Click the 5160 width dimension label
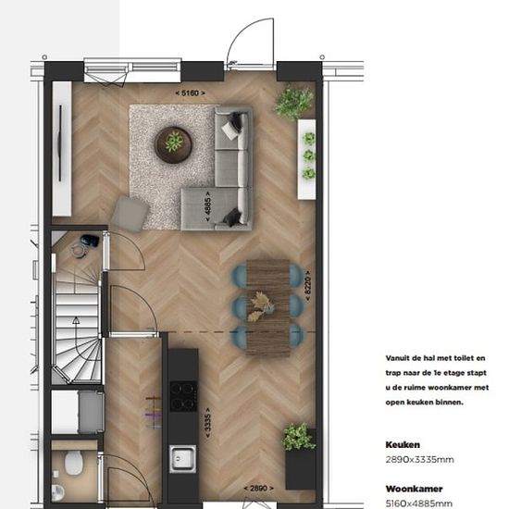pos(191,93)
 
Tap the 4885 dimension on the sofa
pos(207,206)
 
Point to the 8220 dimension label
pos(308,286)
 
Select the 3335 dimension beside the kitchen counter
pos(207,423)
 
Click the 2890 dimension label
pos(259,489)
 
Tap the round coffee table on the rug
pos(173,144)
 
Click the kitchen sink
pos(182,459)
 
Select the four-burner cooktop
pos(183,396)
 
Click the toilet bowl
pos(74,463)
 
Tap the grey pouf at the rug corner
pos(130,213)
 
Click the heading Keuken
pos(403,445)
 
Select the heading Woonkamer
pos(414,489)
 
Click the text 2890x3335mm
pos(419,460)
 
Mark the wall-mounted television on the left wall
pos(60,143)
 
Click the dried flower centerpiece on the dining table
pos(261,306)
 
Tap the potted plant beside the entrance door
pos(293,102)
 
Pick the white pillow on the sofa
pos(230,130)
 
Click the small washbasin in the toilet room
pos(57,492)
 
